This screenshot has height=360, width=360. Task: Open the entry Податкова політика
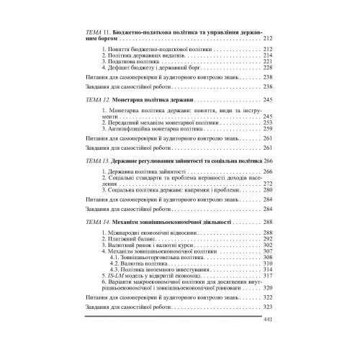pyautogui.click(x=134, y=60)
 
